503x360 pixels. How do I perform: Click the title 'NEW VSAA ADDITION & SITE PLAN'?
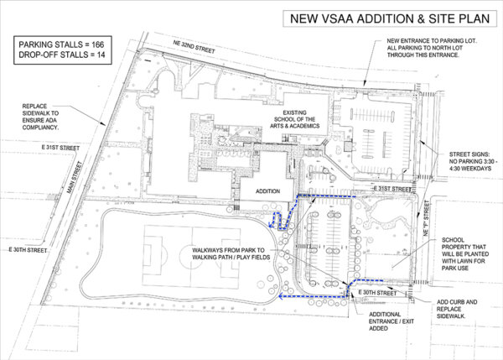390,18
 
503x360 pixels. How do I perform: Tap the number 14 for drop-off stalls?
101,55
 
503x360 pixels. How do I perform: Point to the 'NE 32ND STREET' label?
194,46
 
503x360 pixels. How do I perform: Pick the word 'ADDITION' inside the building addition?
268,191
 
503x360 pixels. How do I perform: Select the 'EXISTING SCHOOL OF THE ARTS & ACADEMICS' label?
295,119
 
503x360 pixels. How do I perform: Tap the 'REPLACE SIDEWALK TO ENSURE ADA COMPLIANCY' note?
40,117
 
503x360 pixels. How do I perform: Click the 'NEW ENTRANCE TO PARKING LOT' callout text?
432,48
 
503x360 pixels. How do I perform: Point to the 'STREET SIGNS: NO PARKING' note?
474,161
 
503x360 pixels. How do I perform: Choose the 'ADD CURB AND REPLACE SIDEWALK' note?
457,309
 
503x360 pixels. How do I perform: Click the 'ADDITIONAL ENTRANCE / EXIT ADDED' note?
392,321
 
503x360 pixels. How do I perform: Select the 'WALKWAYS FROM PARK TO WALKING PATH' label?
231,253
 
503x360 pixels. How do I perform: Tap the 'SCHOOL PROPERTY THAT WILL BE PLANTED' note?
465,253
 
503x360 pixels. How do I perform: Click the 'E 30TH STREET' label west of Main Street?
28,250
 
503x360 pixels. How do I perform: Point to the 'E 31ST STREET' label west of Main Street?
60,148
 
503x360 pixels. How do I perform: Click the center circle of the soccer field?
192,255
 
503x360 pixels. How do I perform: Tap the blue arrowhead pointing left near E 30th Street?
282,296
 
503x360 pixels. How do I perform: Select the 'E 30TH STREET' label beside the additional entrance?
377,293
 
